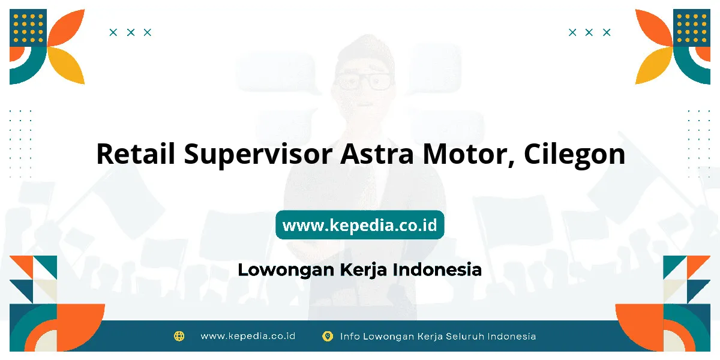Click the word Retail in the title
pos(136,154)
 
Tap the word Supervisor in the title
pos(258,155)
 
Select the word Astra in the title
pos(377,154)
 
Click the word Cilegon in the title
pos(575,155)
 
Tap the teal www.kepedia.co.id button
pos(360,225)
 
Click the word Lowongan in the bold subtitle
pos(286,270)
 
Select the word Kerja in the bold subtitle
pos(363,270)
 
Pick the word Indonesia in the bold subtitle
pos(437,269)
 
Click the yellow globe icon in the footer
pos(179,336)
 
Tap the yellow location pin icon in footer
pos(328,336)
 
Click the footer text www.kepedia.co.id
pos(248,336)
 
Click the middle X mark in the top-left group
pos(131,32)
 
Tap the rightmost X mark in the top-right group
pos(607,32)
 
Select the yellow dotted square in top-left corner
pos(28,28)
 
